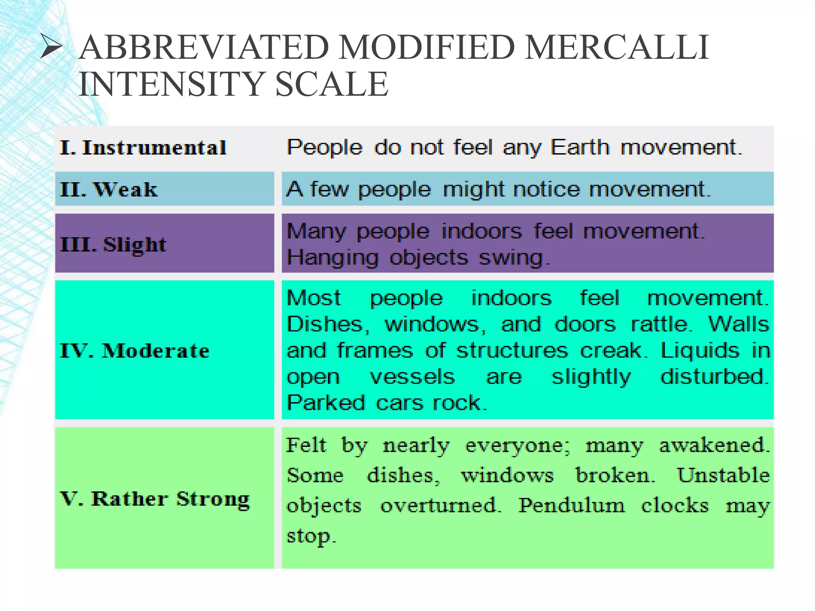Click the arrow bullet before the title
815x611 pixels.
click(x=51, y=47)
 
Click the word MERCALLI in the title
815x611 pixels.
click(x=616, y=47)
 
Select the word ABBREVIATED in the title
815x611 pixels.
click(x=204, y=47)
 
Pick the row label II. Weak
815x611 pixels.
click(x=109, y=189)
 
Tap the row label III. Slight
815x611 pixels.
click(x=113, y=244)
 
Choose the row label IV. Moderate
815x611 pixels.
click(x=135, y=351)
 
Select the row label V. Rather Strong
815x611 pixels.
click(x=155, y=499)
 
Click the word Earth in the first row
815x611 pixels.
click(x=580, y=148)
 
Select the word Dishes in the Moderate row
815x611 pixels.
click(x=327, y=325)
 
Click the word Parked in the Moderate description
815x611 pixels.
click(x=326, y=403)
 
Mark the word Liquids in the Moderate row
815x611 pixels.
click(x=700, y=351)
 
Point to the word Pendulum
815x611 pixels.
click(x=571, y=506)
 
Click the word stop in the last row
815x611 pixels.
click(x=311, y=536)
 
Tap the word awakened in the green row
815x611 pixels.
click(x=713, y=445)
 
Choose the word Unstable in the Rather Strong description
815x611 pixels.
click(x=723, y=475)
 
